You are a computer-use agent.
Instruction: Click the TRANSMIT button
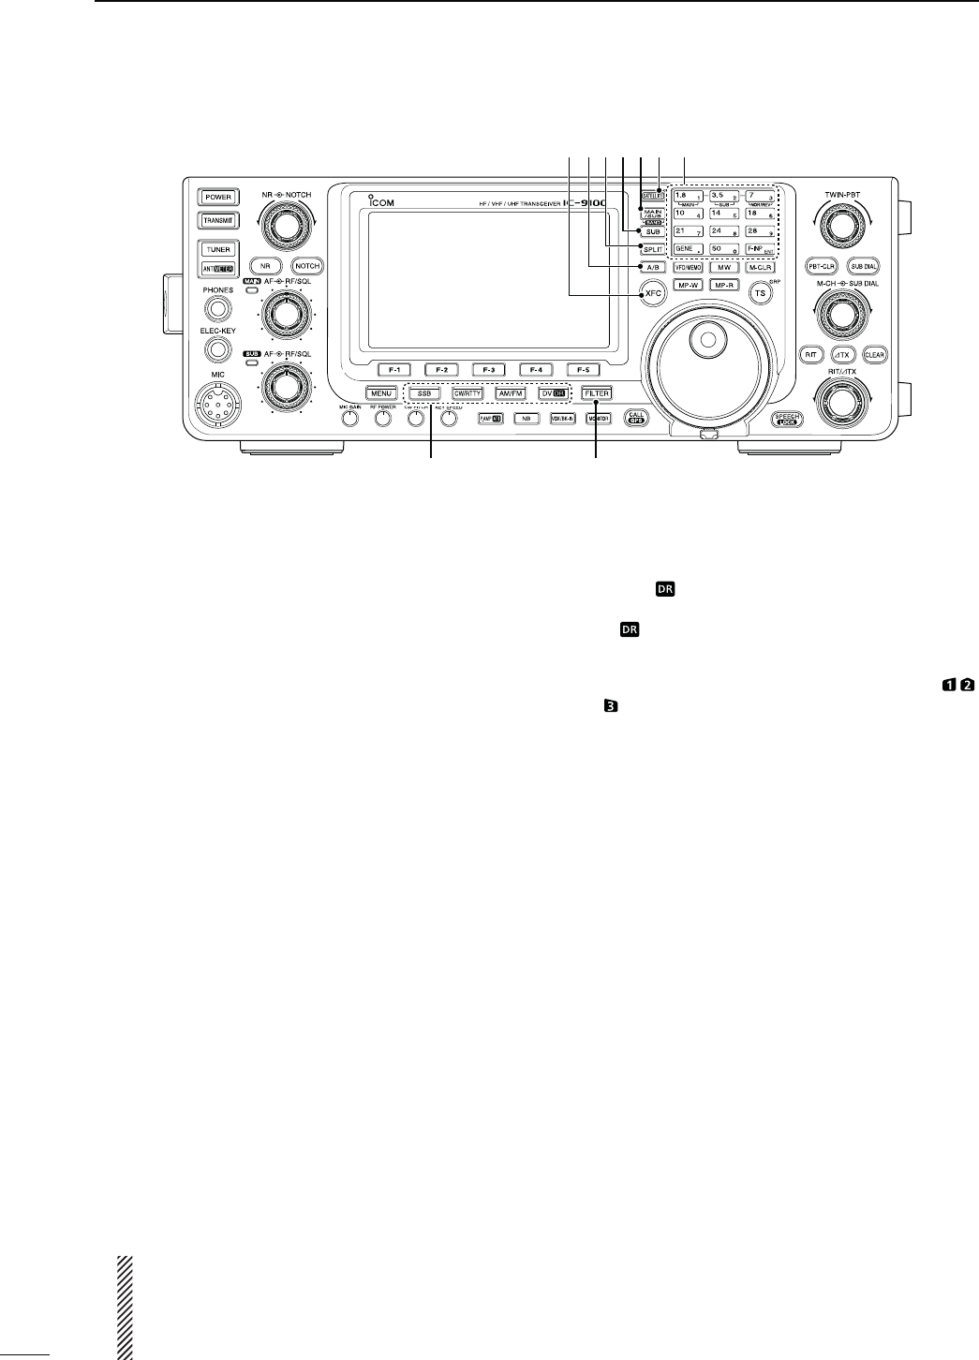[x=218, y=221]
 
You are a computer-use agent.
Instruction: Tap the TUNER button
[x=218, y=250]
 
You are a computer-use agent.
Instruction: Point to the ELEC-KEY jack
[x=217, y=350]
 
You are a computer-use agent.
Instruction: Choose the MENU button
[x=380, y=393]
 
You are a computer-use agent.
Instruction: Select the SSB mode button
[x=425, y=393]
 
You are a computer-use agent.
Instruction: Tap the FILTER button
[x=597, y=393]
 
